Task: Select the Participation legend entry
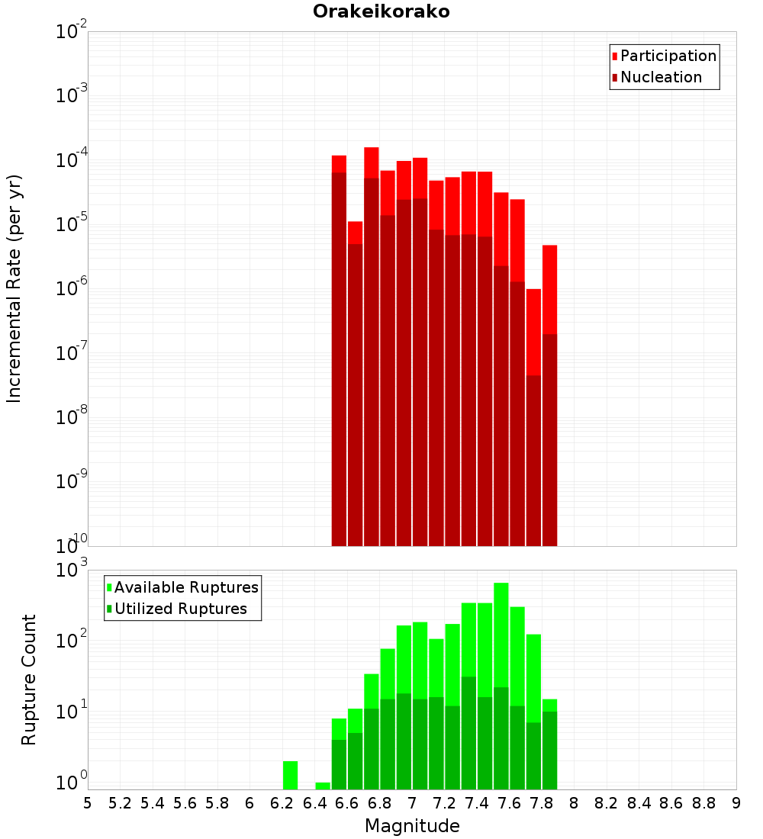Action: tap(668, 56)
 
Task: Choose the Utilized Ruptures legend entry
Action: tap(180, 609)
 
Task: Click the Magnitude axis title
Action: tap(412, 826)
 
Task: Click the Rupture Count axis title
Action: tap(29, 680)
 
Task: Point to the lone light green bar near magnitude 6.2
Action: tap(290, 775)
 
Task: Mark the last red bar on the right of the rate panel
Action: tap(549, 290)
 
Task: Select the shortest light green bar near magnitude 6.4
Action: tap(323, 786)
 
